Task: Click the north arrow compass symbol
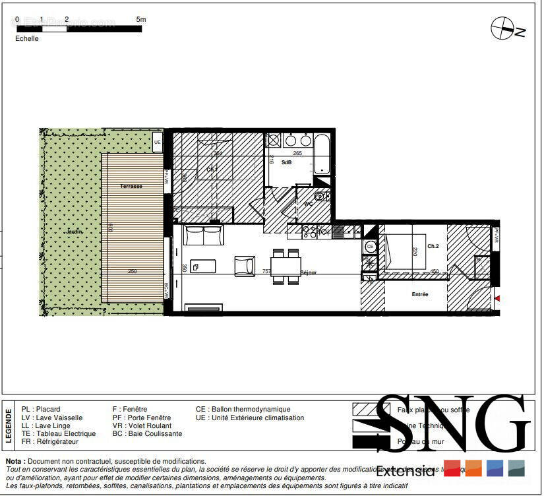pos(503,28)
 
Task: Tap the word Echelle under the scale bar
pos(27,38)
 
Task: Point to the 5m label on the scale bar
pos(140,20)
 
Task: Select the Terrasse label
pos(131,187)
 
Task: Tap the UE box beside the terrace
pos(157,142)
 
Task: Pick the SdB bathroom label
pos(286,162)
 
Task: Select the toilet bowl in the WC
pos(320,196)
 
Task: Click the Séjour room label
pos(309,272)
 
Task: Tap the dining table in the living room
pos(286,266)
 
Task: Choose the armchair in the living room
pos(245,265)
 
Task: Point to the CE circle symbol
pos(370,247)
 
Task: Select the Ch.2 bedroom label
pos(433,246)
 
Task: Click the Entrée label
pos(420,294)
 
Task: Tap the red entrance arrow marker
pos(497,299)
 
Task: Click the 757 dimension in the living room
pos(266,271)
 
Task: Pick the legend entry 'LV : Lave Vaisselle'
pos(52,418)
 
